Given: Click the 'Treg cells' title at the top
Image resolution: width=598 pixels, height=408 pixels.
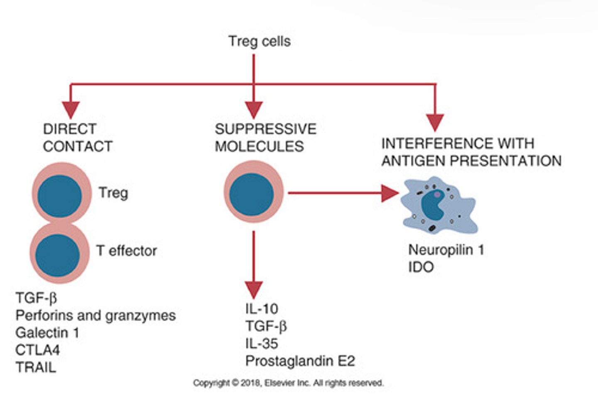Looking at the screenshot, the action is coord(260,42).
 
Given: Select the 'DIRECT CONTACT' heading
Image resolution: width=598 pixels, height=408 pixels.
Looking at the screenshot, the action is coord(78,138).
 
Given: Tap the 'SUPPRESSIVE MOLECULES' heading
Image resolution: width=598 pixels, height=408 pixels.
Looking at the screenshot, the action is coord(266,138).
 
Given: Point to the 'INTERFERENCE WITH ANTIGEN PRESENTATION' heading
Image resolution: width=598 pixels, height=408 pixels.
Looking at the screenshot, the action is coord(471,152).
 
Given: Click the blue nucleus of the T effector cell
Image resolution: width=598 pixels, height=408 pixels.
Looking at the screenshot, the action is coord(57,255).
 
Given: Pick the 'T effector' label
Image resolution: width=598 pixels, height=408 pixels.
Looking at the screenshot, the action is coord(127,251).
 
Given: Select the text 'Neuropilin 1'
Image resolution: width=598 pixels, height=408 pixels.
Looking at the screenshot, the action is coord(446,250).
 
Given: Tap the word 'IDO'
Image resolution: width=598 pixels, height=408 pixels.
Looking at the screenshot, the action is coord(421,267).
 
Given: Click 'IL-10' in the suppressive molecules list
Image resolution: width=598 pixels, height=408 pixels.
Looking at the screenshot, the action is coord(262,309).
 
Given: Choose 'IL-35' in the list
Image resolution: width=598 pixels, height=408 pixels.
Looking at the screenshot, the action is coord(262,344).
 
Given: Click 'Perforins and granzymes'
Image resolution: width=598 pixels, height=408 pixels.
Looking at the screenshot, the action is coord(96,316).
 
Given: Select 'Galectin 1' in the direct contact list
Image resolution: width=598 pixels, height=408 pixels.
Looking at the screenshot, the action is coord(47,333).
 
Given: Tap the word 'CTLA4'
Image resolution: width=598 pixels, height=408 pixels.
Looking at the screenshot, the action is coord(38,350).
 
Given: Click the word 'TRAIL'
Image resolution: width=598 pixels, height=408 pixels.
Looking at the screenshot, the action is coord(36,367).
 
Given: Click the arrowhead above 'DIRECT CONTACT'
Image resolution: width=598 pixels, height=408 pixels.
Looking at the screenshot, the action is coord(71,110).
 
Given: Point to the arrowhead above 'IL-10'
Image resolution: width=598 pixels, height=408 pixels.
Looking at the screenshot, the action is coord(253,290).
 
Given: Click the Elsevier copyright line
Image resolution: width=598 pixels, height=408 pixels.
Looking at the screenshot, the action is coord(288,383).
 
